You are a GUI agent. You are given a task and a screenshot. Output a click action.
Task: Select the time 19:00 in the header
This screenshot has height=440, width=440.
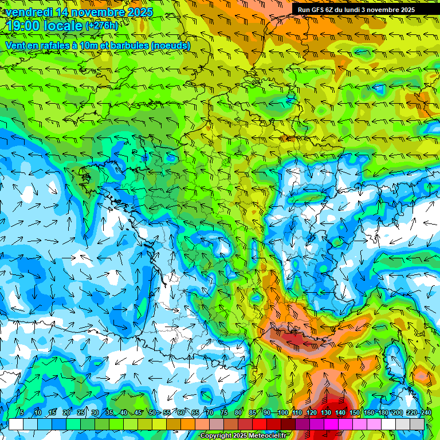pyautogui.click(x=22, y=26)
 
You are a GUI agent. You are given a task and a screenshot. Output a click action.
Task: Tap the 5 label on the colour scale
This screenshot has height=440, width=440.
pyautogui.click(x=22, y=413)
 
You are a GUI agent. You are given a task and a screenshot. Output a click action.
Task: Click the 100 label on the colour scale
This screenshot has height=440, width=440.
pyautogui.click(x=282, y=413)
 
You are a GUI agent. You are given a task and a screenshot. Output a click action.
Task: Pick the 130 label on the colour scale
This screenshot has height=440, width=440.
pyautogui.click(x=325, y=413)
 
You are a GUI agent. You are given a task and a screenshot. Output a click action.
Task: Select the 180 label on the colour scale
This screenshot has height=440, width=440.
pyautogui.click(x=383, y=413)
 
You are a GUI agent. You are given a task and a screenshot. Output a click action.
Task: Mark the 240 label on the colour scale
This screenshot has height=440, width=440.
pyautogui.click(x=426, y=413)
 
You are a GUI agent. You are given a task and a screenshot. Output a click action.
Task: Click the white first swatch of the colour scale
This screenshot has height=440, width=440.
pyautogui.click(x=16, y=424)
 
